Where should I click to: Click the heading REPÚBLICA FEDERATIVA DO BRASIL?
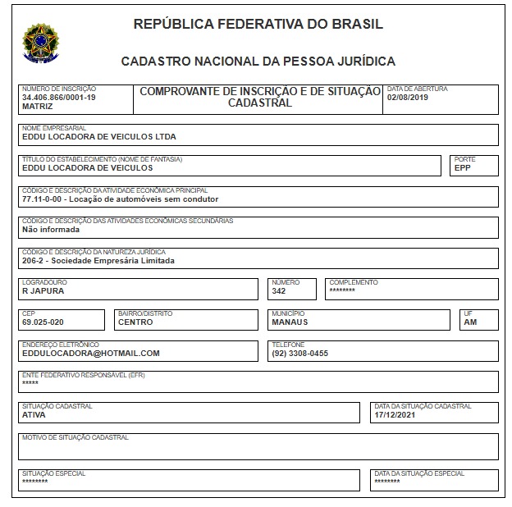tap(258, 25)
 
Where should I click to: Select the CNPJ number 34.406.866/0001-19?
tap(59, 97)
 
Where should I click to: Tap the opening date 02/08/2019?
tap(408, 97)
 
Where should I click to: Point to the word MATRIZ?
tap(37, 107)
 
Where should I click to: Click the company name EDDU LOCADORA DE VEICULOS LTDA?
tap(99, 137)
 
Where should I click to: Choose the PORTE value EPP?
tap(463, 168)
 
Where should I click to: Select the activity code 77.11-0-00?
tap(43, 199)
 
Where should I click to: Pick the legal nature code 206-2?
tap(34, 261)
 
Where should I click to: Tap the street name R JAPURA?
tap(43, 291)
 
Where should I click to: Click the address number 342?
tap(279, 291)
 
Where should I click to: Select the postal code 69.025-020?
tap(43, 322)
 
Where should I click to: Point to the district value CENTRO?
tap(135, 322)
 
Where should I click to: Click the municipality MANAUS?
tap(290, 322)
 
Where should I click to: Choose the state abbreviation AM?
tap(470, 322)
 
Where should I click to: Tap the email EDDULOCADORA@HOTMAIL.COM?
tap(91, 353)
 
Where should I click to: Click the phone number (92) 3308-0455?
tap(300, 353)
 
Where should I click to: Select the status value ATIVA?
tap(34, 415)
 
